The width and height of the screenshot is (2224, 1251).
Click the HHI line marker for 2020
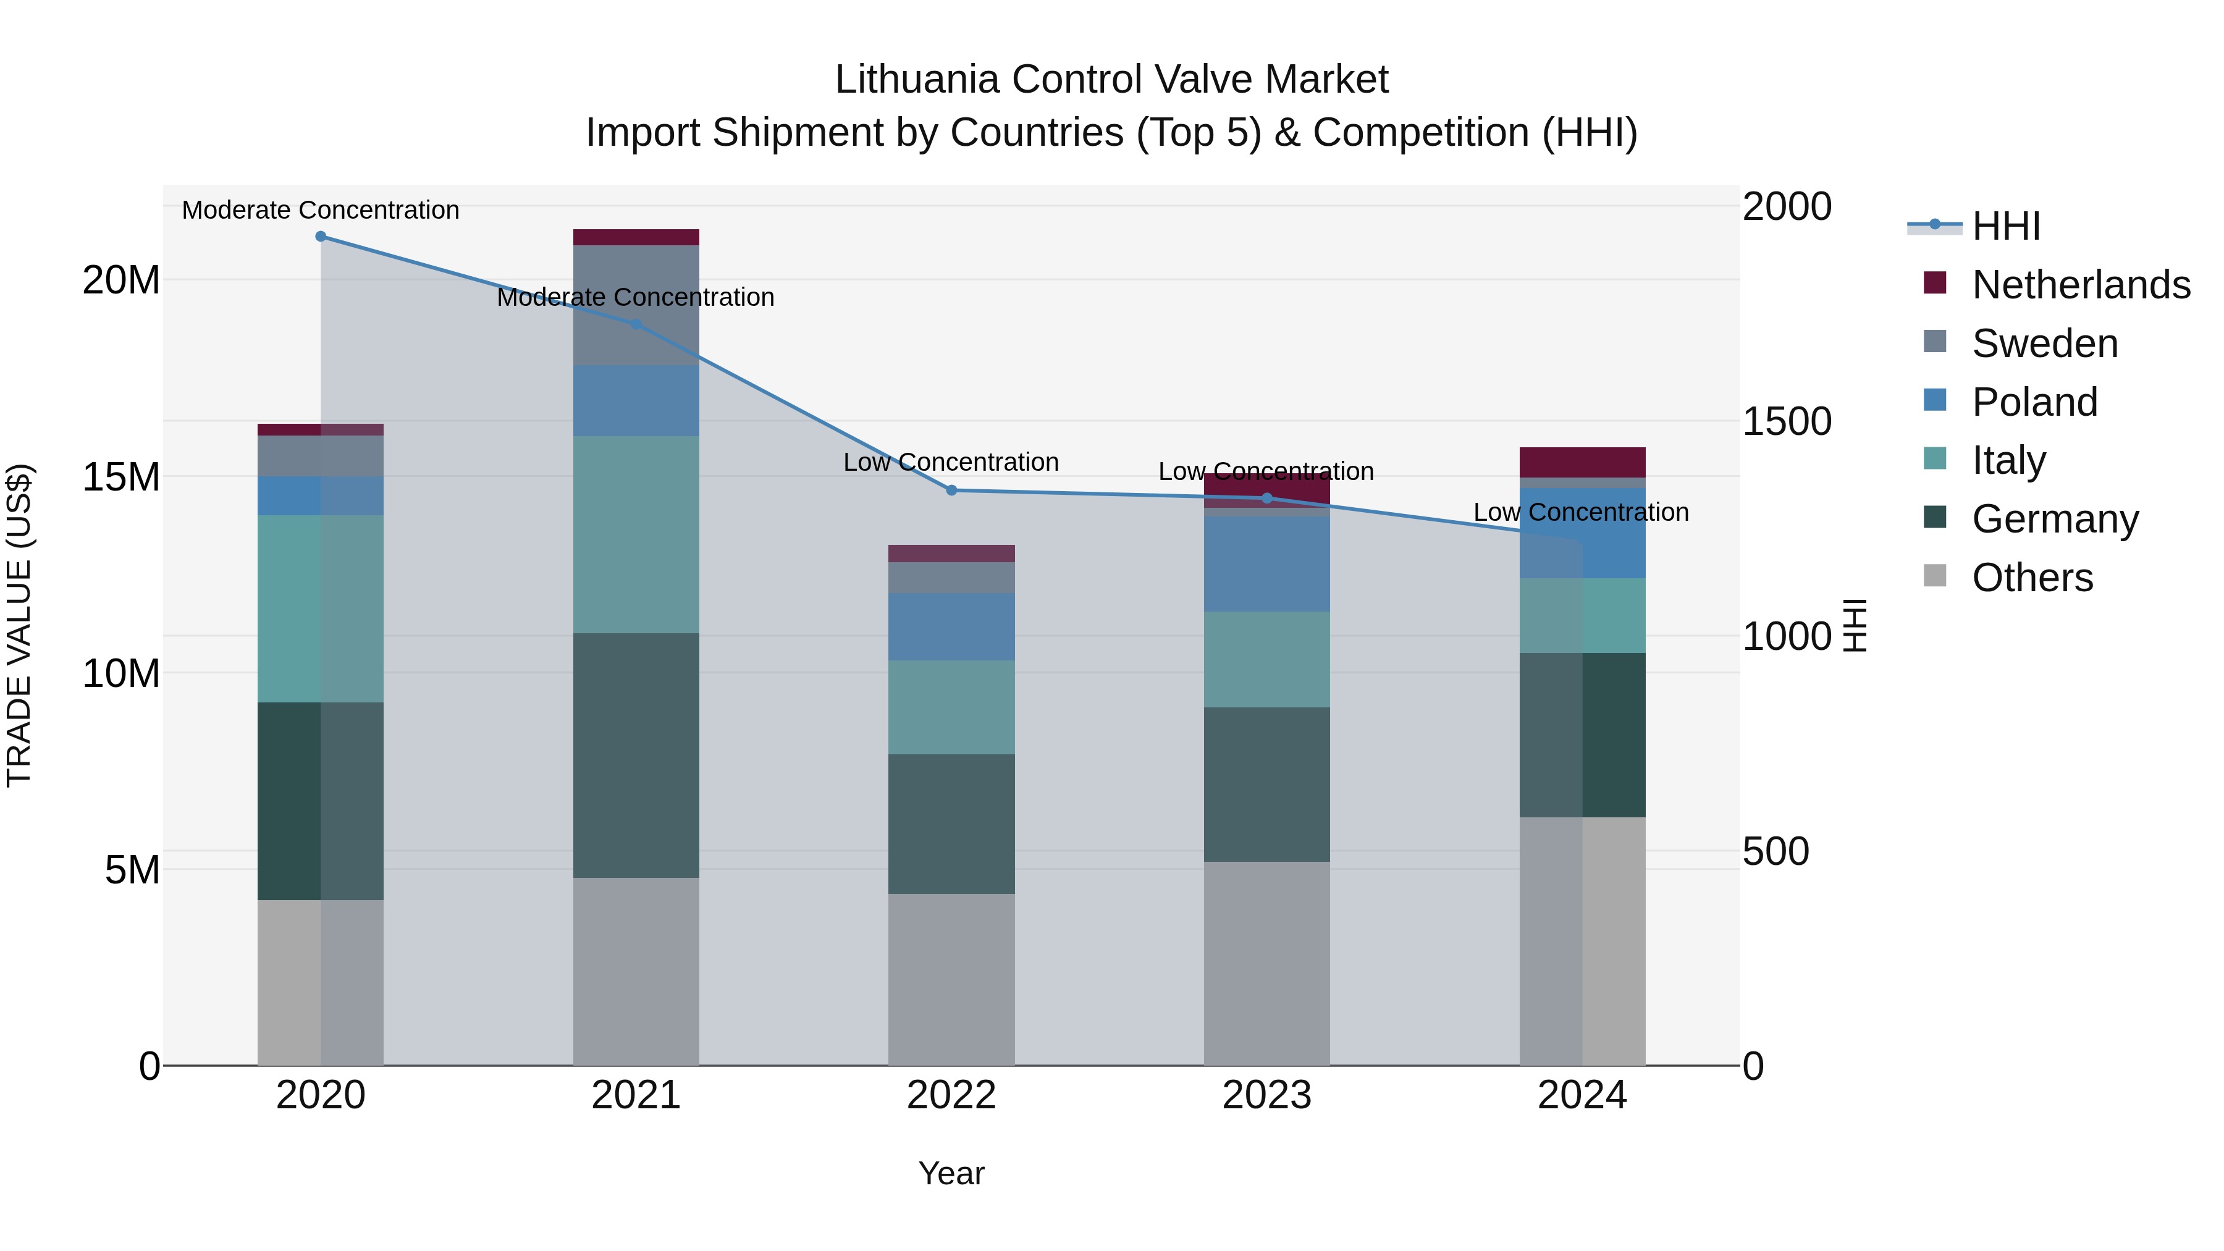tap(320, 236)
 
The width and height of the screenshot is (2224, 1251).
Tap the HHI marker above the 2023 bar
tap(1266, 497)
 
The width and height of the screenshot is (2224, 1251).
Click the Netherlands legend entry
tap(2080, 284)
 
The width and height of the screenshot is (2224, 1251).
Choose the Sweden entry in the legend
tap(2044, 343)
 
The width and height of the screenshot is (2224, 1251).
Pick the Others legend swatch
tap(1935, 576)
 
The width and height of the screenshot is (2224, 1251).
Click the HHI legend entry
tap(2005, 226)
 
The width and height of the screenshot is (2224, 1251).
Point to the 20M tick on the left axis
tap(121, 280)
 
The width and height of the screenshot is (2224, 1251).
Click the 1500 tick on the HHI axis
tap(1786, 421)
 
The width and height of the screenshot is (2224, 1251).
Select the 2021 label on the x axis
tap(636, 1095)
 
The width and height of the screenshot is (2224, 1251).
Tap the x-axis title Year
tap(951, 1173)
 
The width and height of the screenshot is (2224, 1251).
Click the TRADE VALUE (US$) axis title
tap(19, 625)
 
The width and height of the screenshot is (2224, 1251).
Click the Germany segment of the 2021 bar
tap(636, 756)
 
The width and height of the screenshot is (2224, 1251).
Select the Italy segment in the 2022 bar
tap(951, 707)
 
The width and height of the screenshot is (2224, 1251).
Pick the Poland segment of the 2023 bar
tap(1266, 564)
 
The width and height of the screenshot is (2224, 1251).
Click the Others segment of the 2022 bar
tap(951, 979)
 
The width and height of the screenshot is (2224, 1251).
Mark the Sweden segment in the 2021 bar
tap(636, 305)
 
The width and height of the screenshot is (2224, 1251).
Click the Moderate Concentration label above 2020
tap(320, 210)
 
